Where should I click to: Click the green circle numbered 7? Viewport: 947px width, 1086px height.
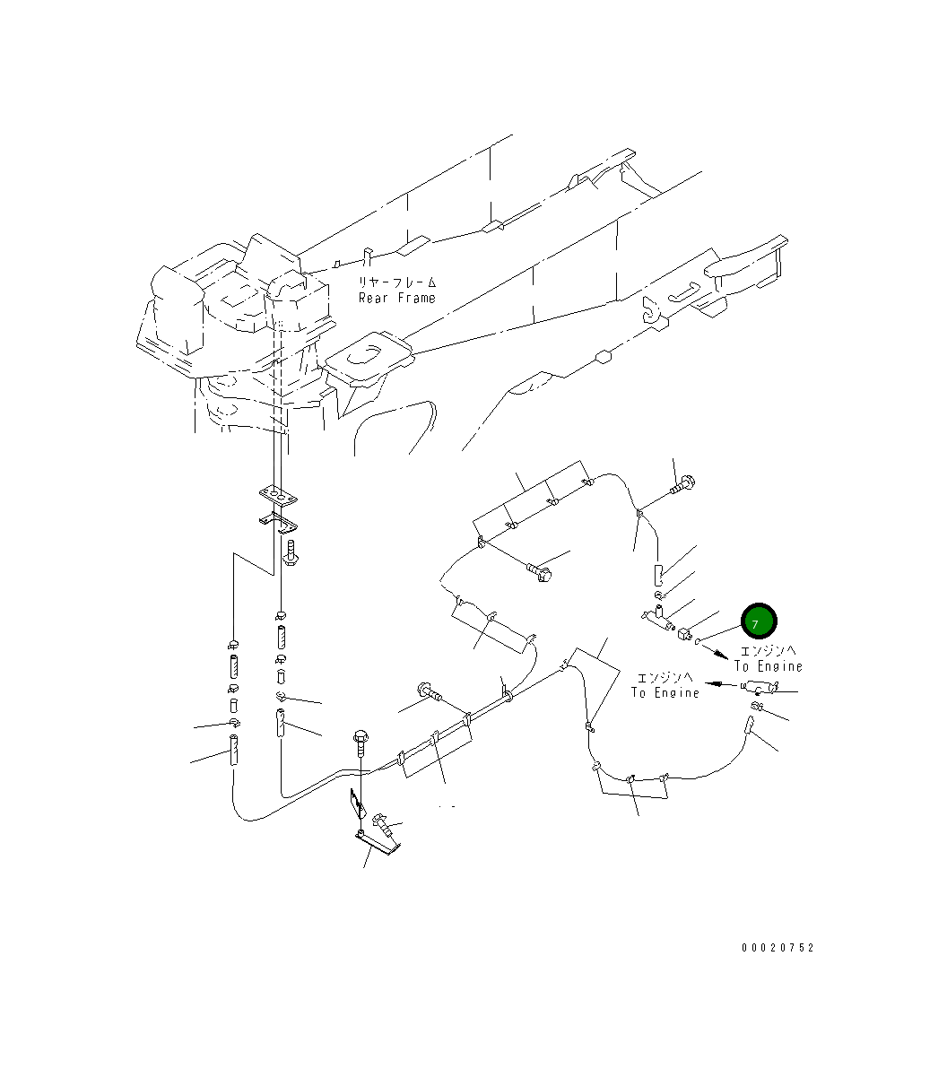pyautogui.click(x=758, y=621)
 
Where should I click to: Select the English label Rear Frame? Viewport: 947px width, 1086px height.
pyautogui.click(x=397, y=298)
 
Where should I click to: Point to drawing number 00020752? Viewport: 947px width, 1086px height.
pyautogui.click(x=778, y=948)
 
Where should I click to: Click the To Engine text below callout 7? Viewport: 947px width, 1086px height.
pyautogui.click(x=769, y=666)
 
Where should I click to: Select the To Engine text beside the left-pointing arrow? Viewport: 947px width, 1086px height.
pyautogui.click(x=665, y=692)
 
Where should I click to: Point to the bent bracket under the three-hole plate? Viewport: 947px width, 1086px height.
pyautogui.click(x=278, y=519)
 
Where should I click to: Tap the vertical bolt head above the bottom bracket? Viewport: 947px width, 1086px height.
pyautogui.click(x=361, y=737)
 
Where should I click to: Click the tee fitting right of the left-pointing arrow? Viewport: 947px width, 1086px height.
pyautogui.click(x=759, y=687)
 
